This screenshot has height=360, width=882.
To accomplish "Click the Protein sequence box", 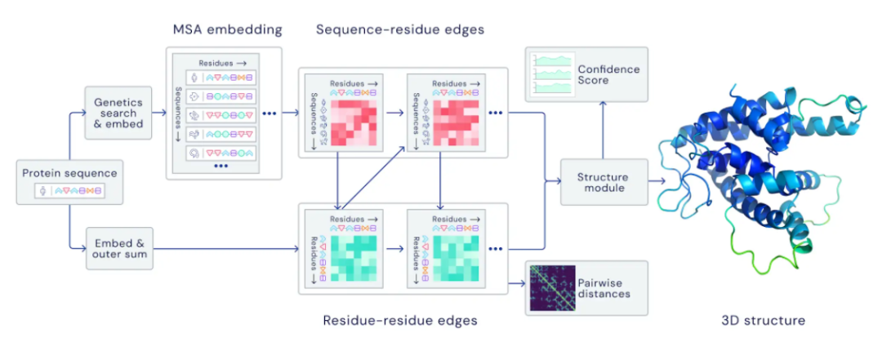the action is [x=69, y=182].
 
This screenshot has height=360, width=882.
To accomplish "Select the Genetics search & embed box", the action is [x=118, y=113].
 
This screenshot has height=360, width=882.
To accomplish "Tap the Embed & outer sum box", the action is [x=119, y=249].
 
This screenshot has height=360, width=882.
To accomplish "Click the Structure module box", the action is [x=603, y=182].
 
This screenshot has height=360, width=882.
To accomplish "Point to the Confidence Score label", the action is [x=608, y=75].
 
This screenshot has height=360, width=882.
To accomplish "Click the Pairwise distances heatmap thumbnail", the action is [x=553, y=288].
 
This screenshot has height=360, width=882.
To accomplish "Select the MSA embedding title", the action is [x=227, y=29].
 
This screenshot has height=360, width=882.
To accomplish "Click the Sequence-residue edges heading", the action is [x=400, y=29].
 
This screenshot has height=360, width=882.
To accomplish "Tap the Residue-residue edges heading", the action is [x=400, y=321].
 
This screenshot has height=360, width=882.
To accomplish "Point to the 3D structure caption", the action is [x=763, y=321].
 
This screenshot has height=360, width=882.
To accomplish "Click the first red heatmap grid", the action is [x=354, y=122].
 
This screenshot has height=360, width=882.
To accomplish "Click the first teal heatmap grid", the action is [x=354, y=258].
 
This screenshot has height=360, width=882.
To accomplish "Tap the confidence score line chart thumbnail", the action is [x=553, y=74].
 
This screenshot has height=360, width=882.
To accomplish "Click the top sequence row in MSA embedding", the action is [x=220, y=78].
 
